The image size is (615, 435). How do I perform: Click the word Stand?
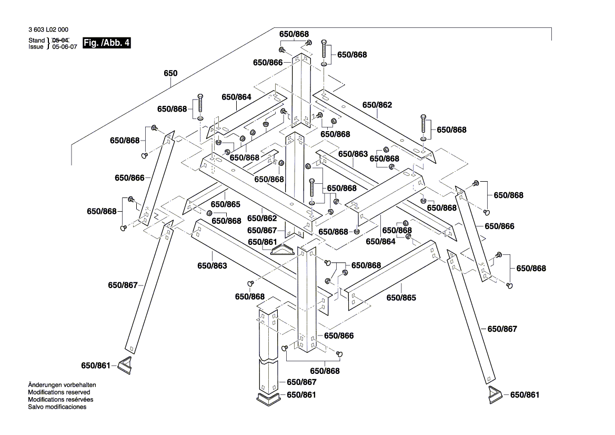(36, 40)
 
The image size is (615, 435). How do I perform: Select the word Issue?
(36, 46)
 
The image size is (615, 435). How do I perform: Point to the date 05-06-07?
(65, 46)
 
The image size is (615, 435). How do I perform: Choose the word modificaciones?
(66, 407)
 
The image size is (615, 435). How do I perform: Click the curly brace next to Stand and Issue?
(48, 43)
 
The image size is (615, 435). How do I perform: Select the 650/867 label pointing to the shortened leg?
(301, 382)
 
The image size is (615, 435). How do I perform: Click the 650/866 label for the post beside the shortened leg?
(339, 335)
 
